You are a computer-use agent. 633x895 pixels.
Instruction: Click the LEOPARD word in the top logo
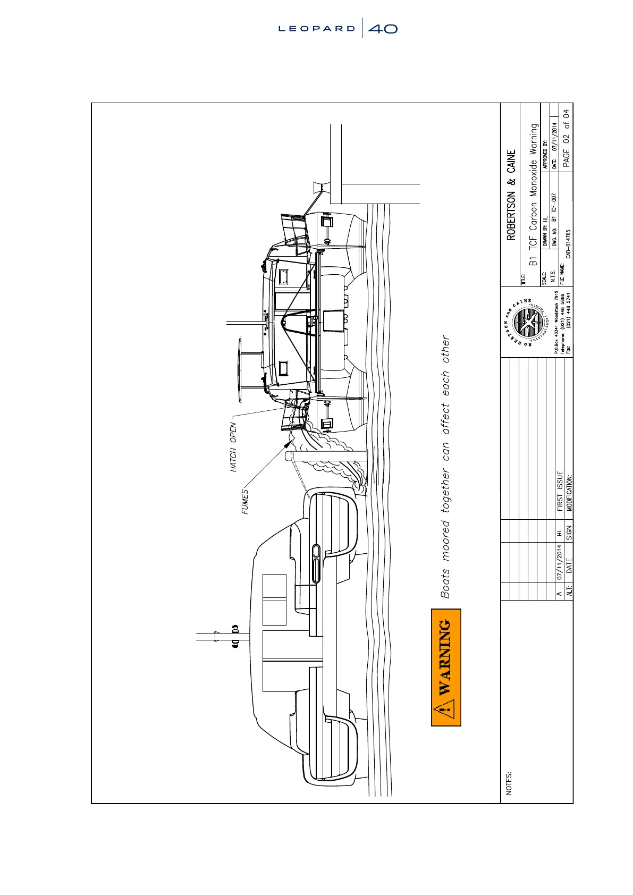pos(317,29)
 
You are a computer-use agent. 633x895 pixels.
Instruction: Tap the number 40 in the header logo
pos(383,29)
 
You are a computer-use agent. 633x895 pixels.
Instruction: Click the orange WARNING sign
pos(446,667)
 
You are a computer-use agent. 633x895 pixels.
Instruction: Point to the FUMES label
pos(245,501)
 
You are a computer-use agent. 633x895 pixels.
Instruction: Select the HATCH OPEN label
pos(233,447)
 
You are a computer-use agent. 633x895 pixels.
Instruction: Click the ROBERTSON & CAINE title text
pos(511,194)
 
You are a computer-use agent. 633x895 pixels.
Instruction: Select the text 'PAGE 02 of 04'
pos(566,138)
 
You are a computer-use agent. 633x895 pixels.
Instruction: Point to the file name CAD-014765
pos(568,244)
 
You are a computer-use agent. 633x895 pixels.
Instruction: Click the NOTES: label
pos(509,783)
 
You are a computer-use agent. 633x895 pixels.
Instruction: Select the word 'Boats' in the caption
pos(446,584)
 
